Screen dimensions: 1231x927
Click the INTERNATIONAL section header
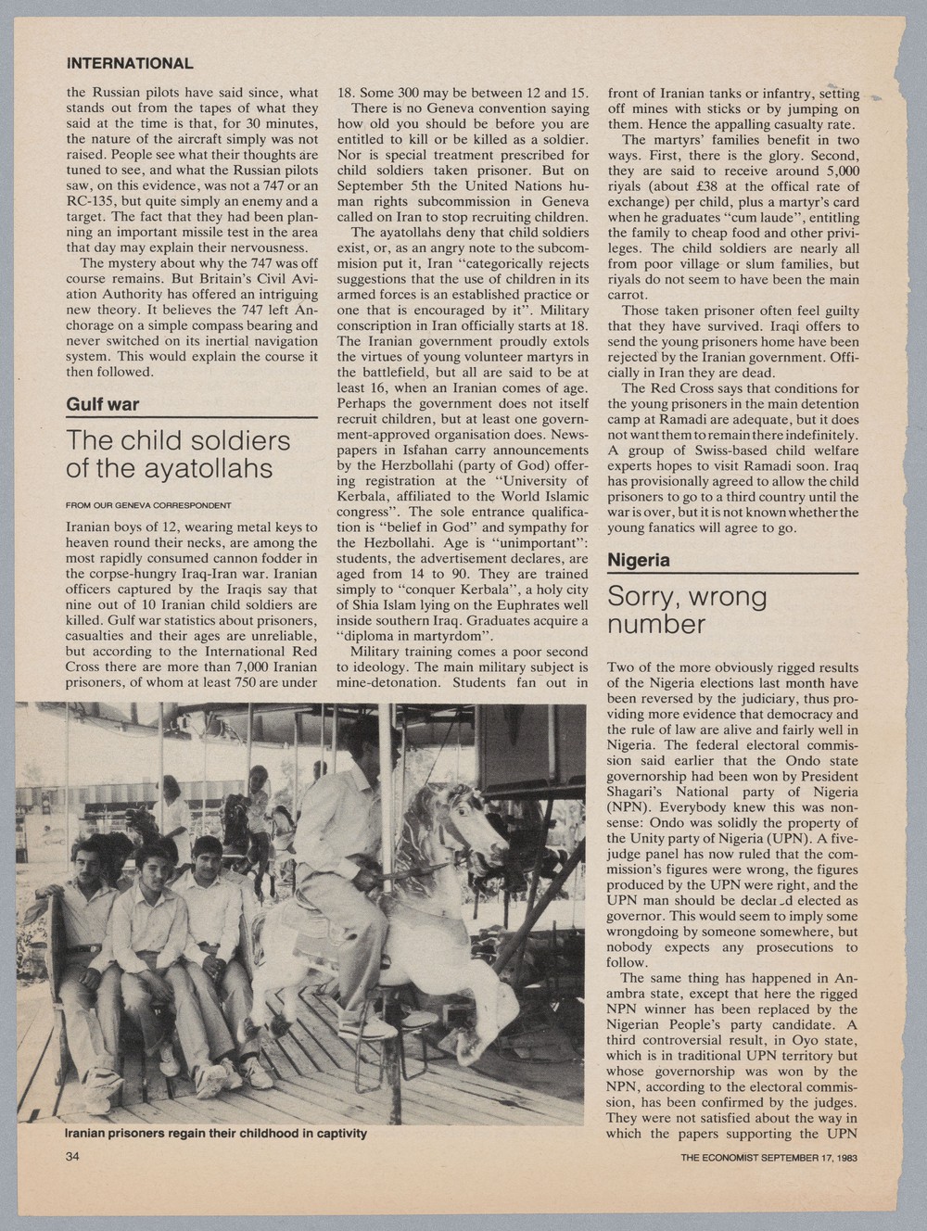(130, 64)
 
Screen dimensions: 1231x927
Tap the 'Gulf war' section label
(102, 405)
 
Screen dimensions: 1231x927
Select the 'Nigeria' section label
(638, 561)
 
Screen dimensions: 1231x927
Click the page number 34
(73, 1157)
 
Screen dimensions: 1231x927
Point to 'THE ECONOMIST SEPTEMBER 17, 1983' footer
(768, 1158)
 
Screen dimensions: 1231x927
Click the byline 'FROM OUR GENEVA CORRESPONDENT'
(148, 505)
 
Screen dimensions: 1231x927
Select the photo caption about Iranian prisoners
(215, 1134)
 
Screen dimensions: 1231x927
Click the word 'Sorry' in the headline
(645, 598)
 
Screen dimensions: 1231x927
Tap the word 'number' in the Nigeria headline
(654, 625)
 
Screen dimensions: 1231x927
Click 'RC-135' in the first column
(92, 199)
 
